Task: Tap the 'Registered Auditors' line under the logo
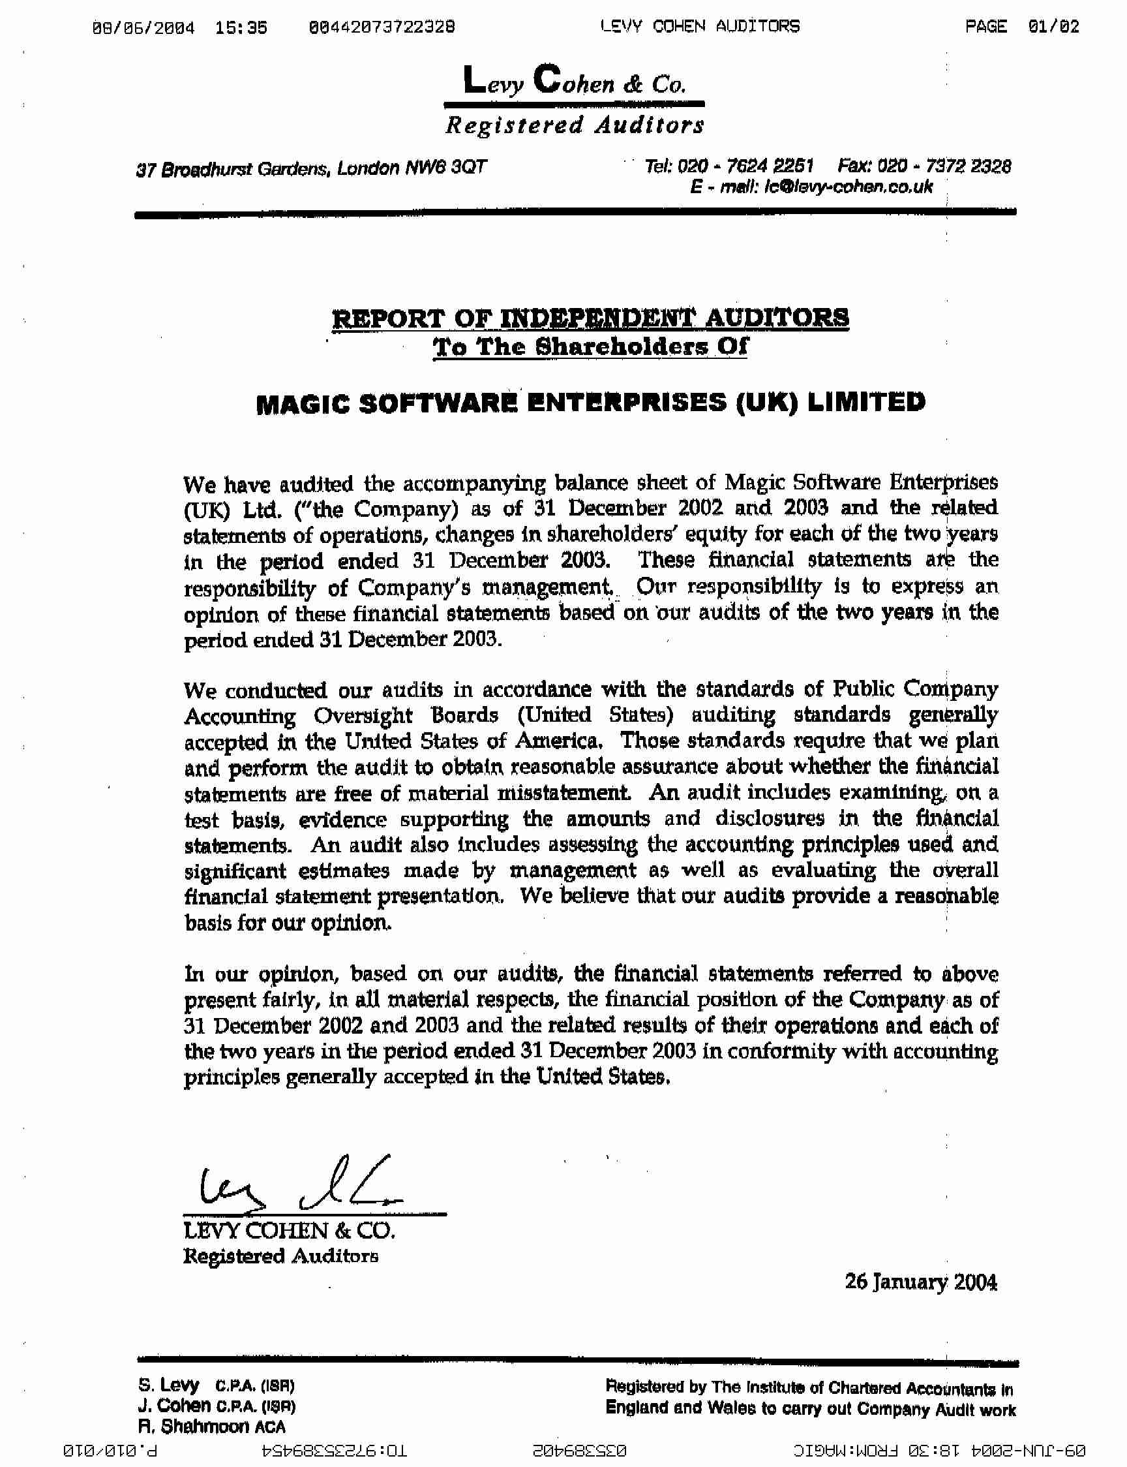pos(575,125)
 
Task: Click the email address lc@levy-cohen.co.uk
pos(845,187)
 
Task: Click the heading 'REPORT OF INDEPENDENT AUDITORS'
pos(590,317)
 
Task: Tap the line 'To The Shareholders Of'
pos(590,347)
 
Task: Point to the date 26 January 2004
pos(920,1282)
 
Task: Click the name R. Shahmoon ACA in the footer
pos(211,1426)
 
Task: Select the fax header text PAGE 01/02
pos(1022,27)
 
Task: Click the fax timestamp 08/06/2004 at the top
pos(144,27)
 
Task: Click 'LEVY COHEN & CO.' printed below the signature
pos(289,1231)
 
